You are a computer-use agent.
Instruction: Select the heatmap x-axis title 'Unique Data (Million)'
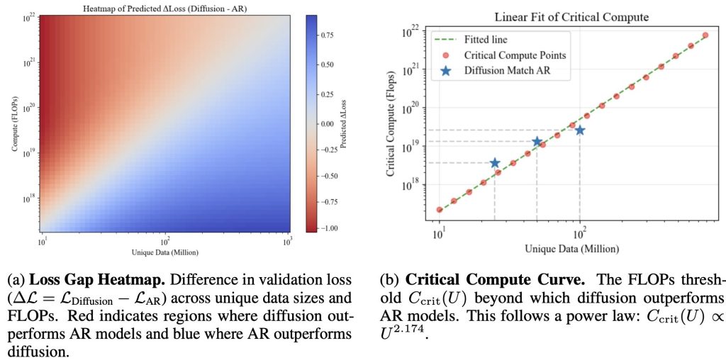(x=165, y=252)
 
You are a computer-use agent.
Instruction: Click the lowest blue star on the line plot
(x=495, y=163)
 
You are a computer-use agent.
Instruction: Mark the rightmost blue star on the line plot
(x=580, y=130)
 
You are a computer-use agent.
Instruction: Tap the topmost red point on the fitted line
(x=705, y=35)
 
